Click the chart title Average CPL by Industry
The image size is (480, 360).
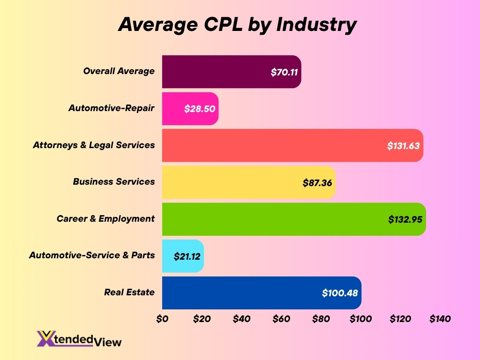tap(237, 24)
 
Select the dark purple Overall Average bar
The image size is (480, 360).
tap(225, 72)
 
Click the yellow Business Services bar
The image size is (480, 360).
tap(234, 182)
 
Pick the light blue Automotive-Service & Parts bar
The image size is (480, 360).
tap(169, 256)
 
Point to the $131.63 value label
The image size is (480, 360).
tap(403, 146)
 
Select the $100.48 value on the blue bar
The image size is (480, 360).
tap(340, 293)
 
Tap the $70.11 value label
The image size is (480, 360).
tap(284, 72)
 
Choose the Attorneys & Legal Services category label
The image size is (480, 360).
tap(94, 145)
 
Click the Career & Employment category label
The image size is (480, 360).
tap(105, 219)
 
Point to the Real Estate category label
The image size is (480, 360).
tap(129, 292)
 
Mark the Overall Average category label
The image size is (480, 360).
tap(119, 71)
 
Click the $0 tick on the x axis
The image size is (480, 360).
tap(162, 319)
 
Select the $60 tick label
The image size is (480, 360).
tap(281, 319)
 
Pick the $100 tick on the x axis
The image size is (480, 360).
tap(360, 319)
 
